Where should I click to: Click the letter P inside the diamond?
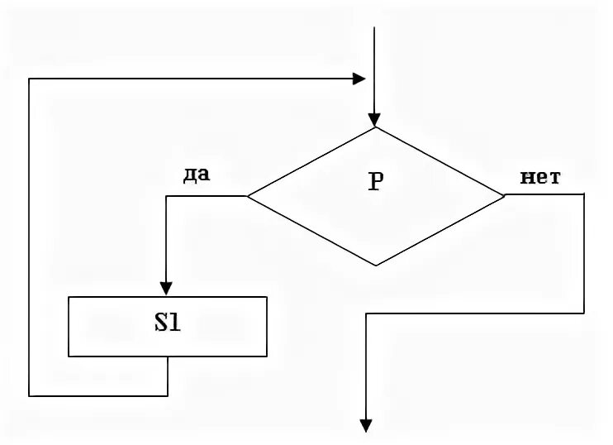pos(375,183)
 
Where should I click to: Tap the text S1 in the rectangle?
pos(168,324)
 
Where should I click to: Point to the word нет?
pos(541,176)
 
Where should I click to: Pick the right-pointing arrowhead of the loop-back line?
pos(359,79)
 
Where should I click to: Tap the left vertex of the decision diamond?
pos(248,196)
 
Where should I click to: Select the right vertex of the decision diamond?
pos(503,196)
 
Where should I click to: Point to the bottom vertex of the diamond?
pos(376,266)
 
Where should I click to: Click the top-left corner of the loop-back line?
pos(29,79)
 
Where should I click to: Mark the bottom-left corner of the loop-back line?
pos(29,395)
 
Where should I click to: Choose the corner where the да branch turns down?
pos(167,196)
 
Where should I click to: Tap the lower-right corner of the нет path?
pos(584,313)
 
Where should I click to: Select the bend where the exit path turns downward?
pos(364,313)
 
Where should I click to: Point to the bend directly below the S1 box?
pos(168,395)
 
